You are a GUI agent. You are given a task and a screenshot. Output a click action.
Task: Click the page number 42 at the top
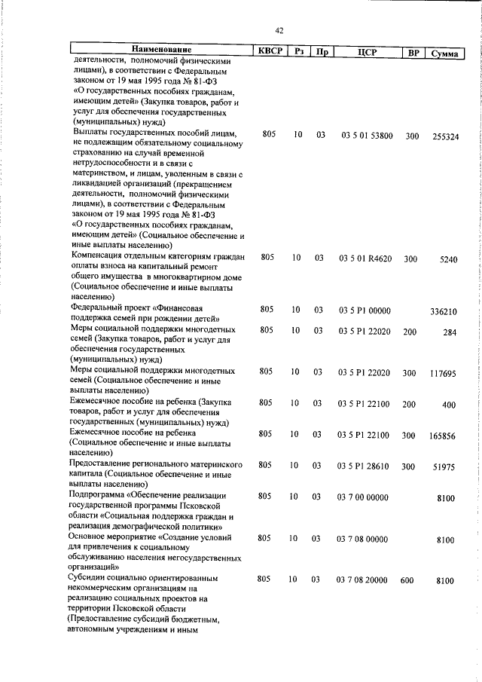[x=279, y=31]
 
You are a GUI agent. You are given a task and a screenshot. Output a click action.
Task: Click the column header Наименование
[x=158, y=50]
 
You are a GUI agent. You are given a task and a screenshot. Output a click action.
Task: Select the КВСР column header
[x=267, y=52]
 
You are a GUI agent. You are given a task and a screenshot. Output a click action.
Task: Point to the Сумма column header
[x=445, y=54]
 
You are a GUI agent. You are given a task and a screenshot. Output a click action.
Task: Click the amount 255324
[x=445, y=136]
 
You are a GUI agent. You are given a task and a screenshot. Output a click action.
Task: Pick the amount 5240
[x=448, y=259]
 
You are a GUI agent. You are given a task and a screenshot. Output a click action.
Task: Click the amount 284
[x=450, y=332]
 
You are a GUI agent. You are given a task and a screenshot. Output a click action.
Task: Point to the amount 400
[x=449, y=405]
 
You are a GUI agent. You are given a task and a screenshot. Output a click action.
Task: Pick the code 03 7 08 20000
[x=362, y=580]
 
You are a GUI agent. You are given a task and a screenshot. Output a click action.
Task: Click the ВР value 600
[x=407, y=580]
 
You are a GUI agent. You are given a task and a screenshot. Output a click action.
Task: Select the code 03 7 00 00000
[x=362, y=497]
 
